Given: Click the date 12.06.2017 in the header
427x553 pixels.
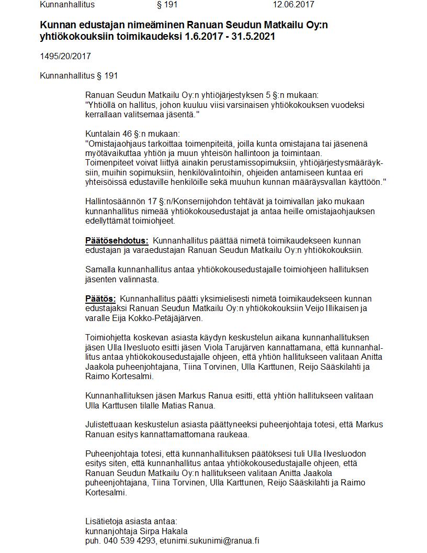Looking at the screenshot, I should [x=293, y=5].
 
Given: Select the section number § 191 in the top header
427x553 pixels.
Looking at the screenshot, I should [x=167, y=5].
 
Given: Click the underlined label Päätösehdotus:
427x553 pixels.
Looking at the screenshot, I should [x=117, y=241].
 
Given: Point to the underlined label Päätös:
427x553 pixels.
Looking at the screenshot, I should [x=100, y=298].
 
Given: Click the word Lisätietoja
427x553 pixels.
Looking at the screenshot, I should [x=104, y=521].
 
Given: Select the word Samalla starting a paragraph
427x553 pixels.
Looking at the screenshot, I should [x=100, y=270].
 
